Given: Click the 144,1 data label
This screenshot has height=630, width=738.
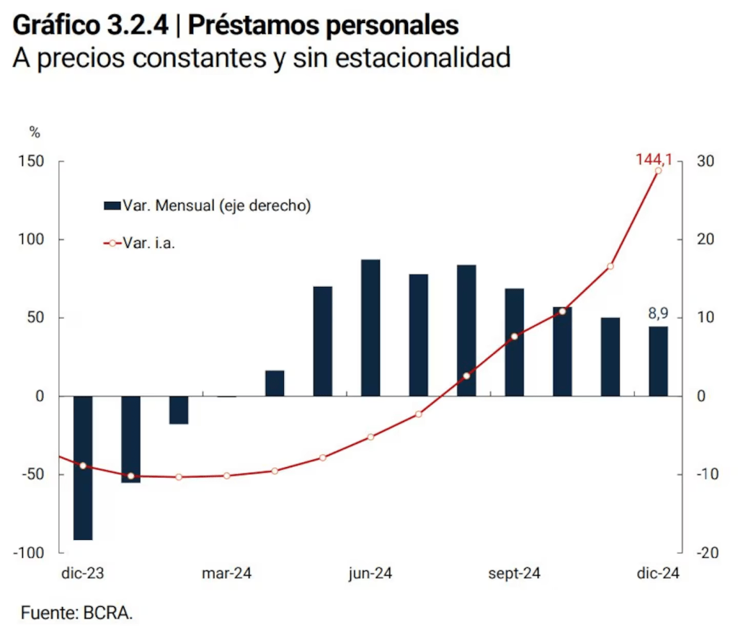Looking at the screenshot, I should point(654,159).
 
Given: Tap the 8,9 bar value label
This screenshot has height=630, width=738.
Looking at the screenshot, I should point(659,314).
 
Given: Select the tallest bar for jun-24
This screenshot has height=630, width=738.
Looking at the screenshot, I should point(370,327).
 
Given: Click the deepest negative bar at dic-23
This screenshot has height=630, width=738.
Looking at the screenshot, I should point(83,468).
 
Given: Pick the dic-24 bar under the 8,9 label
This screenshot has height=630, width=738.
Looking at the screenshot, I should point(658,361).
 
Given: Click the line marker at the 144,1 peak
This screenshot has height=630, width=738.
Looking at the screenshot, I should point(658,170).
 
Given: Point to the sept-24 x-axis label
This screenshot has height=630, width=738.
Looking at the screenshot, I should point(514,574).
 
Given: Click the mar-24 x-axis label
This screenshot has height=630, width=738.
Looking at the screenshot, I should point(226,574).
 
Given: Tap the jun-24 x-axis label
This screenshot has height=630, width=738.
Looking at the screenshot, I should point(370,574).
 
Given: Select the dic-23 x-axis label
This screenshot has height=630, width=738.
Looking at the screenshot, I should point(83,574).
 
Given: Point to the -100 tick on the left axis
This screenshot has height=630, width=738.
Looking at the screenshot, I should point(31,552).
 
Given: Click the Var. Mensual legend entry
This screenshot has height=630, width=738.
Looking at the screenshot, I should point(208,205).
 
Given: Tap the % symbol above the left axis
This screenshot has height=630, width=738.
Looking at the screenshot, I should point(35,132).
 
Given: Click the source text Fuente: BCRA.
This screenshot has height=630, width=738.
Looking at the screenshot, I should point(77,613).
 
